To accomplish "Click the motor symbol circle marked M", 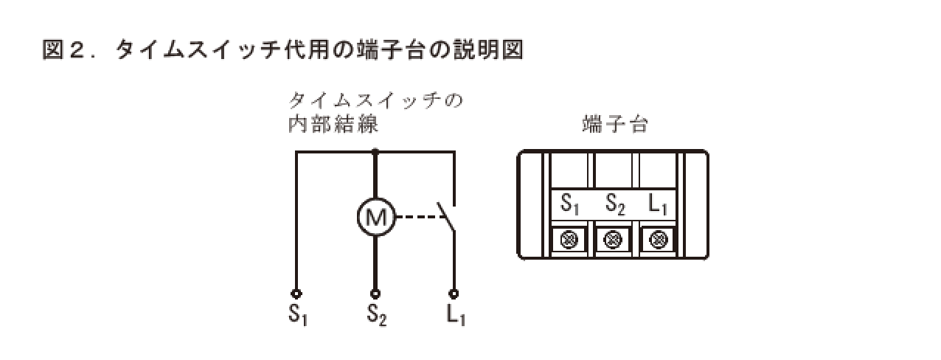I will point(376,216).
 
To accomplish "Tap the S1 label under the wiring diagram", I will point(297,315).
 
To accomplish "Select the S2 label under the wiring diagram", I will point(377,315).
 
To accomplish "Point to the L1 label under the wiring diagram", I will point(455,315).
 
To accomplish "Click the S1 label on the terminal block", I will point(569,204).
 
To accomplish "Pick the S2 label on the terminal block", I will point(615,204).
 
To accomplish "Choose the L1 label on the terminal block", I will point(659,204).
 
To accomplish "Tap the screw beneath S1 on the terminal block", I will point(569,238).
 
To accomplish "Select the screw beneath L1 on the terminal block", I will point(659,238).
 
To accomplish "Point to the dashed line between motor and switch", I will point(417,217).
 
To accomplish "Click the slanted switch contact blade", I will point(447,216).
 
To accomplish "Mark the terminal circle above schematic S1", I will point(296,293).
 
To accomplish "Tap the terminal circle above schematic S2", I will point(376,293).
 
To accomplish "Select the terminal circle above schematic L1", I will point(454,293).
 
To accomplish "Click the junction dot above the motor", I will point(376,152).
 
